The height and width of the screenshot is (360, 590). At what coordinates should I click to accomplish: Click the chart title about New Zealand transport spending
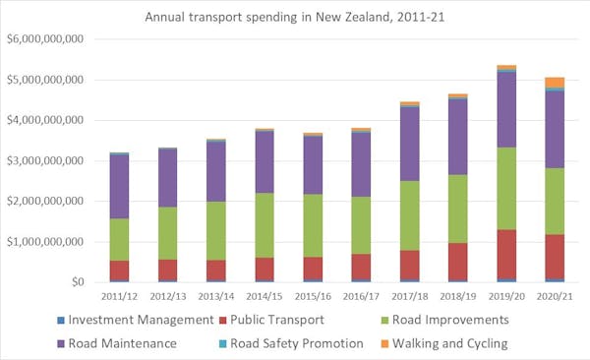point(294,17)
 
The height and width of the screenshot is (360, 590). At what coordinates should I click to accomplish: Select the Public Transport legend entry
point(285,319)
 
